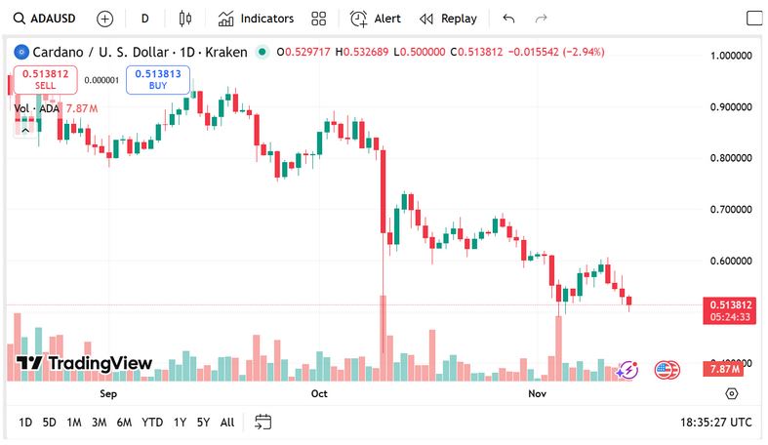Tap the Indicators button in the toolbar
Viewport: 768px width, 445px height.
click(x=256, y=19)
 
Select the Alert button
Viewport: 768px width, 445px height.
click(x=376, y=19)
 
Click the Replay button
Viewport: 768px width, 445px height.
click(x=448, y=19)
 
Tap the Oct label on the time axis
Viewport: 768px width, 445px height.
click(x=319, y=394)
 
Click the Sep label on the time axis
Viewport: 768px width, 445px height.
click(x=108, y=394)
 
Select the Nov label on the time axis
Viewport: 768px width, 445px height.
click(x=536, y=394)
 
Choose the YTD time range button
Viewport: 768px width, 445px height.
click(x=152, y=423)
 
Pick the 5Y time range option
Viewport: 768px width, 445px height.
click(x=203, y=423)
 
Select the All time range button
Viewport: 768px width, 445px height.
click(x=227, y=423)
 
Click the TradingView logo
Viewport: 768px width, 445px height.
click(x=85, y=364)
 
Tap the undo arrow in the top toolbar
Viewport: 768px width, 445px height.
click(x=508, y=19)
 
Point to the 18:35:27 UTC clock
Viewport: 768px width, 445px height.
click(x=715, y=423)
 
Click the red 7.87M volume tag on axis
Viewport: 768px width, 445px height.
click(x=723, y=369)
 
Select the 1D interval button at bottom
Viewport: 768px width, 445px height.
click(x=25, y=423)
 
